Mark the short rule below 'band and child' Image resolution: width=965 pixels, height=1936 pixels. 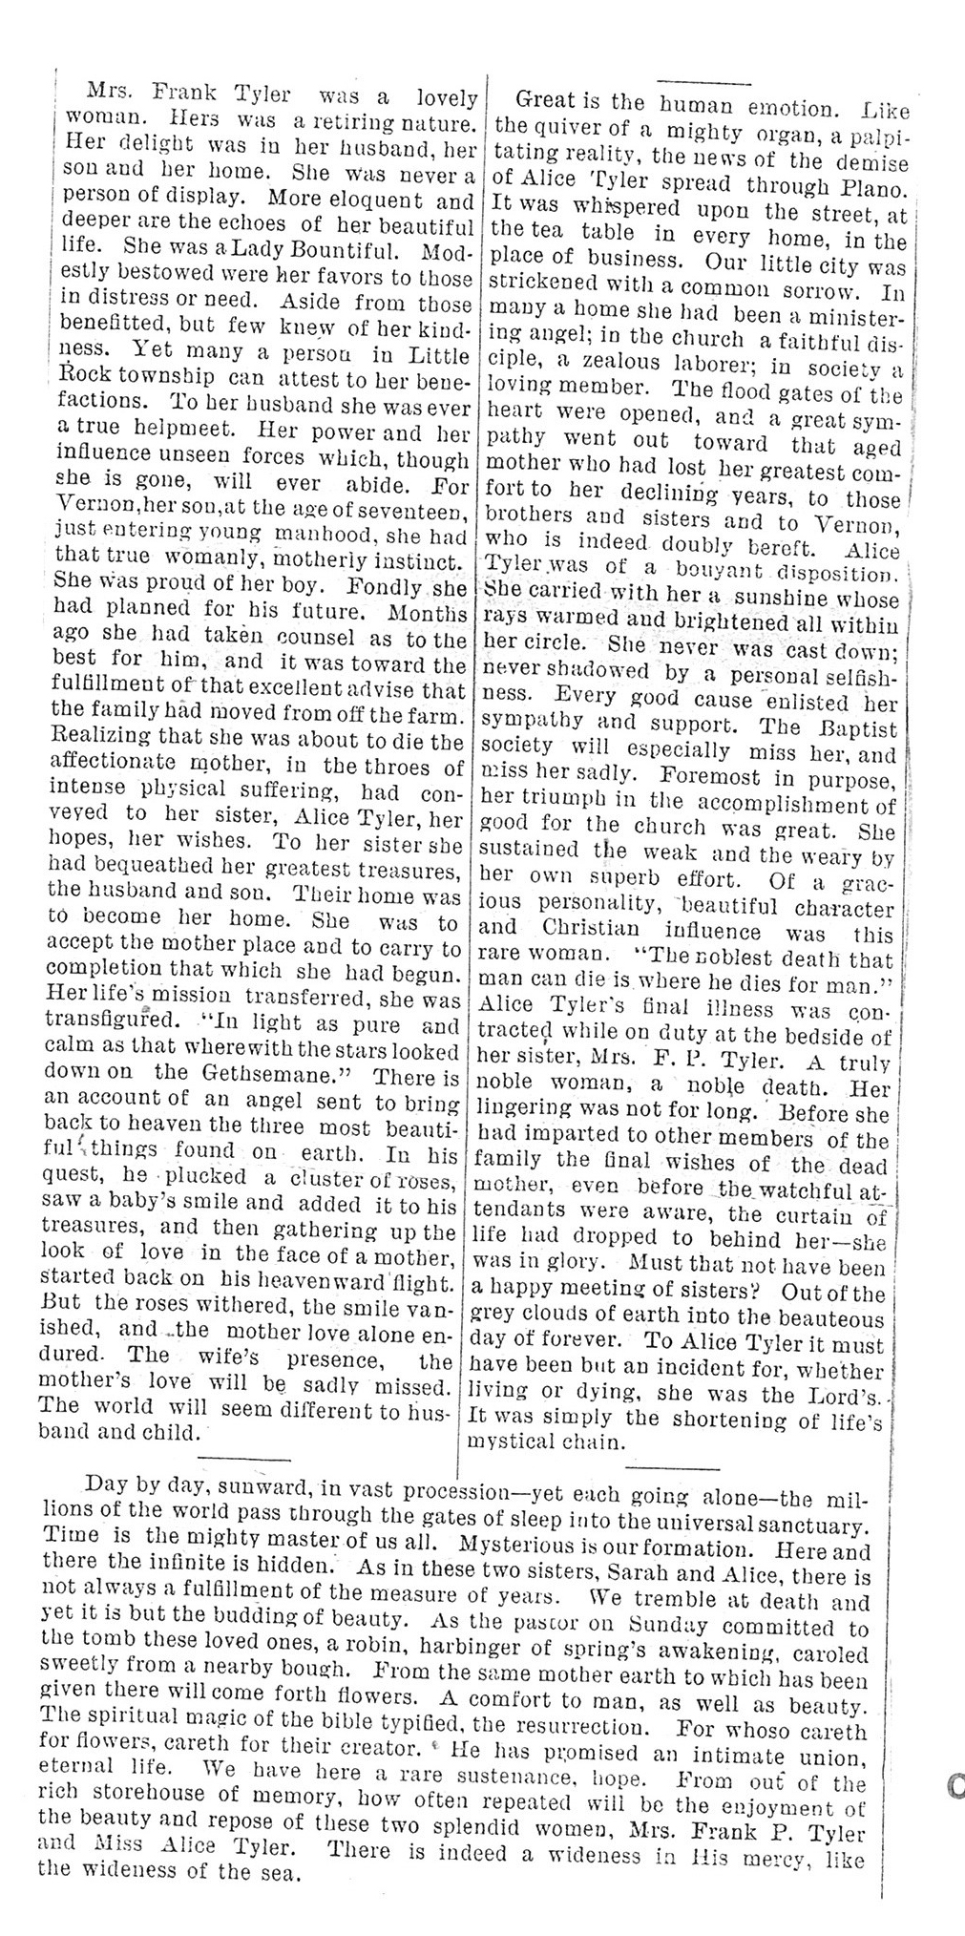242,1457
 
